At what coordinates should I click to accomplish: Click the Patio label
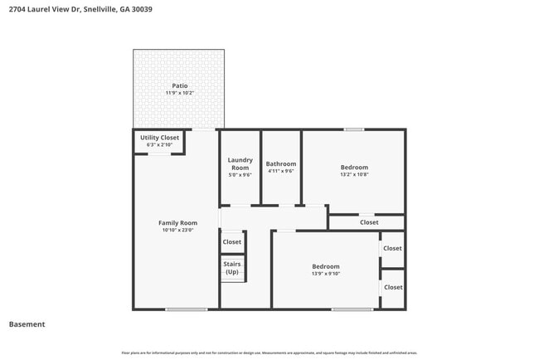click(x=179, y=85)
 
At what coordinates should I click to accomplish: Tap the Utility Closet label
click(x=159, y=138)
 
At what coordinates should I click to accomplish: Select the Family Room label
click(x=177, y=222)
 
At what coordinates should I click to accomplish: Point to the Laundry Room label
click(x=240, y=163)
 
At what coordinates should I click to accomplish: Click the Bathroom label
click(x=280, y=163)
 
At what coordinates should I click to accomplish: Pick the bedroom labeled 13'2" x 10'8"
click(x=354, y=168)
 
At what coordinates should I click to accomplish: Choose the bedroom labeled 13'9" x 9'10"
click(x=326, y=266)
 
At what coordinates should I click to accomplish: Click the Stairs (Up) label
click(x=232, y=268)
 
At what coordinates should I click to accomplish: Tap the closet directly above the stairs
click(x=232, y=242)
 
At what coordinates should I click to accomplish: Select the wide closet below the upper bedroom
click(x=369, y=222)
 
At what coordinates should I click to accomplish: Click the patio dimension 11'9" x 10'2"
click(x=179, y=93)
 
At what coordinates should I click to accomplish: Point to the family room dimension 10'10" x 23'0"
click(x=177, y=230)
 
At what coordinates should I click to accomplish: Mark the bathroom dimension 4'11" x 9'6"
click(x=280, y=172)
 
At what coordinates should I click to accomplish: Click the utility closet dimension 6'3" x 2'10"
click(x=159, y=145)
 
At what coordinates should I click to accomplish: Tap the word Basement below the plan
click(x=27, y=324)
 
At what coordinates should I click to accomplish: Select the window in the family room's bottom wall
click(x=186, y=309)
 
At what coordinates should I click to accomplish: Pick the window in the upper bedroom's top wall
click(x=354, y=129)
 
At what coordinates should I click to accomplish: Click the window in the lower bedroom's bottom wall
click(x=352, y=309)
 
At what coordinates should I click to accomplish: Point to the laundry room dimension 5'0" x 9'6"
click(x=240, y=175)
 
